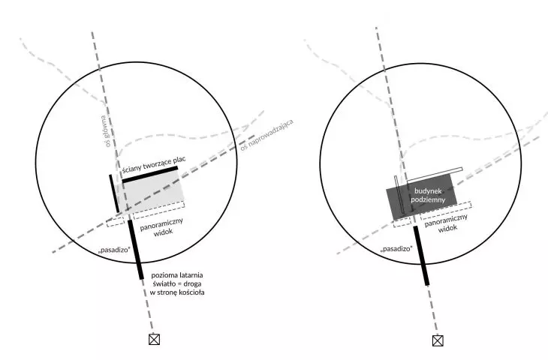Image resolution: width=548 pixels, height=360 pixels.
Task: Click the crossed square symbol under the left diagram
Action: (154, 339)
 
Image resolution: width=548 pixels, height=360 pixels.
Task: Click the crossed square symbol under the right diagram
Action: (438, 340)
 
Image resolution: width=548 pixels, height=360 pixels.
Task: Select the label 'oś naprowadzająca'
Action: (266, 135)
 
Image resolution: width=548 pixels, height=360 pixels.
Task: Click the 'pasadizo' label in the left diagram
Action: (115, 250)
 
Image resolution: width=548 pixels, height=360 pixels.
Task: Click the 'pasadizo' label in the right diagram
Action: (396, 248)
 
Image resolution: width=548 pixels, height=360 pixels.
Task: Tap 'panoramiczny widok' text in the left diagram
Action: (162, 227)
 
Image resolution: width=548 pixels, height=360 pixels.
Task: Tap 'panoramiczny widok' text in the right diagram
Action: (447, 223)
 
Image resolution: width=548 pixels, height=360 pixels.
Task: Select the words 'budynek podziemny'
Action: (428, 195)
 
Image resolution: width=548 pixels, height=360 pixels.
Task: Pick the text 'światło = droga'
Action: (177, 283)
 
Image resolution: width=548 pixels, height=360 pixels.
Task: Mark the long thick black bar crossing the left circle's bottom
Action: (135, 249)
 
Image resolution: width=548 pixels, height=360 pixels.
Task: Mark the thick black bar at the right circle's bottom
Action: (421, 256)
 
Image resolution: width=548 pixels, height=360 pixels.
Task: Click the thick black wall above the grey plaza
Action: (150, 175)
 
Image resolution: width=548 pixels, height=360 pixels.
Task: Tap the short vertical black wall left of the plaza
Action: (114, 193)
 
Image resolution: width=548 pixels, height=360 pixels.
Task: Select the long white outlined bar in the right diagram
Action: (435, 175)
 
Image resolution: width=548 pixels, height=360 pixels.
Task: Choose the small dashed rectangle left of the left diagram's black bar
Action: (116, 222)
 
